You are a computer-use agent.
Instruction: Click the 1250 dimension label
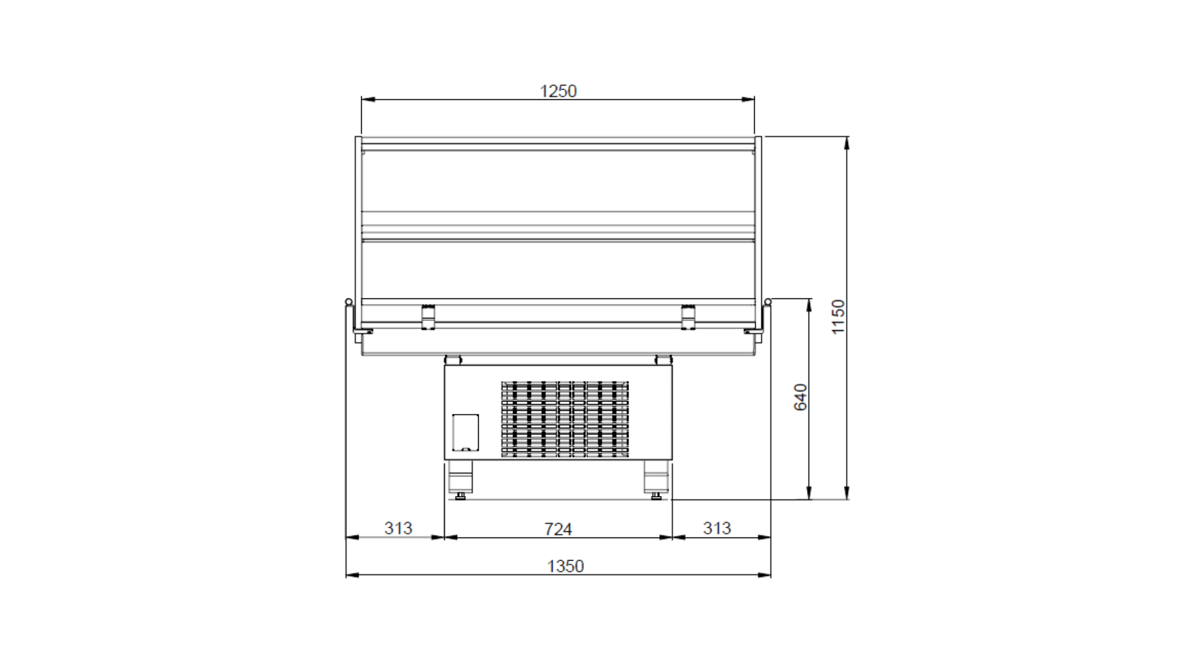(558, 91)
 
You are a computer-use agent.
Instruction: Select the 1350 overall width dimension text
(566, 566)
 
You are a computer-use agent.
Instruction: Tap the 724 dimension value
(557, 529)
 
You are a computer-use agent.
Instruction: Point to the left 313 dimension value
(398, 528)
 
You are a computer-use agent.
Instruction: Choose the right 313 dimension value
(716, 528)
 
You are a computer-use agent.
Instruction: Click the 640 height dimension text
(801, 397)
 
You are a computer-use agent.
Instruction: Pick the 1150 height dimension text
(838, 317)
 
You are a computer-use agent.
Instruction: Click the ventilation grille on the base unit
(565, 419)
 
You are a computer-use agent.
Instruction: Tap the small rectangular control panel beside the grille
(465, 432)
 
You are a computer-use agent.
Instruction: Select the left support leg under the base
(460, 477)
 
